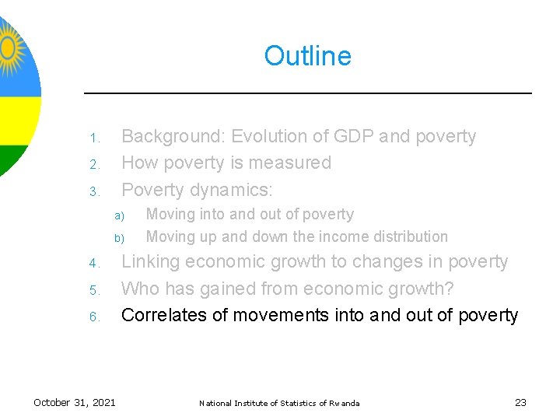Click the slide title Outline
[307, 56]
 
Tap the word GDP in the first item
[352, 136]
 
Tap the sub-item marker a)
[120, 216]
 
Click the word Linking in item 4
[152, 262]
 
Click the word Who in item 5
[141, 289]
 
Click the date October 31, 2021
[75, 402]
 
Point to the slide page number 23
[520, 402]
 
